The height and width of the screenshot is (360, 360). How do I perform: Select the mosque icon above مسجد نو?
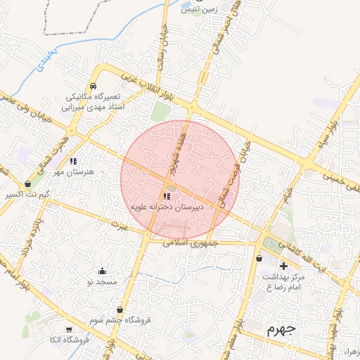click(x=103, y=271)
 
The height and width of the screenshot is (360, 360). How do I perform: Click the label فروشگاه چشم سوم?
click(x=120, y=320)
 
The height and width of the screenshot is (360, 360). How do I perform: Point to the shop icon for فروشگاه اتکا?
click(x=68, y=329)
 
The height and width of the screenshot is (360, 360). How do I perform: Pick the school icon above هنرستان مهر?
click(x=73, y=161)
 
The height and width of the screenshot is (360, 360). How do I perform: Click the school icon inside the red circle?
click(x=166, y=197)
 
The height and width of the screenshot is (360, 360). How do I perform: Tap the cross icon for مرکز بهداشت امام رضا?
click(x=283, y=266)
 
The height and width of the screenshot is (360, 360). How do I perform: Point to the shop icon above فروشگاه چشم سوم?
click(x=120, y=309)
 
